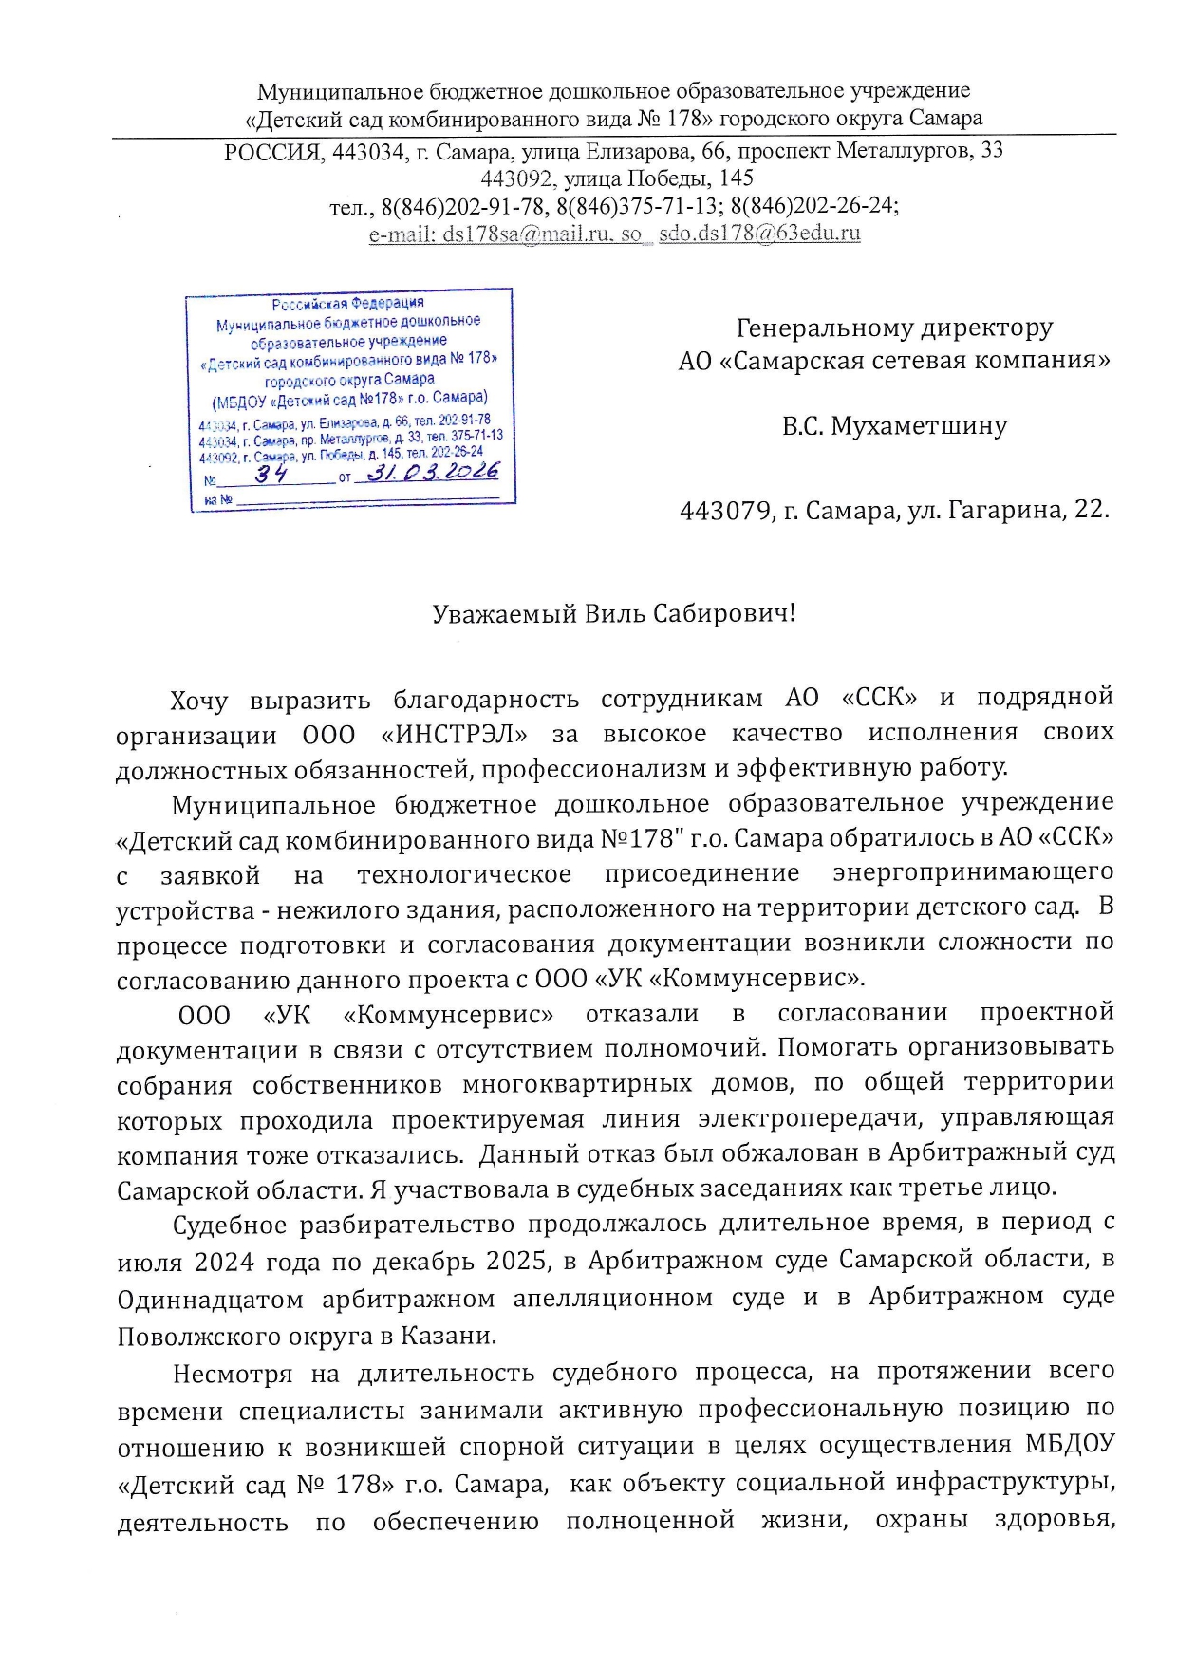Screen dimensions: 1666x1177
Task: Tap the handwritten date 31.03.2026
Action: click(x=432, y=471)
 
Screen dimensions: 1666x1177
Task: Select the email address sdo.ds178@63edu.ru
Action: click(x=759, y=234)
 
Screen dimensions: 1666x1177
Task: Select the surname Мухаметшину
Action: click(x=919, y=426)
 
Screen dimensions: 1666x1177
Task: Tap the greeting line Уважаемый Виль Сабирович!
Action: click(x=613, y=614)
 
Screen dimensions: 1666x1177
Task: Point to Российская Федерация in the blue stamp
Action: click(x=347, y=304)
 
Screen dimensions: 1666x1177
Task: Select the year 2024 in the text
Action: click(x=224, y=1262)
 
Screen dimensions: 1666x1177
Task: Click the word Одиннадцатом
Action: click(x=210, y=1299)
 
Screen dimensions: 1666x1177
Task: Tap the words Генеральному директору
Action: click(x=894, y=328)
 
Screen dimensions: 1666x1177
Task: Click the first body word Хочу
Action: click(x=198, y=701)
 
